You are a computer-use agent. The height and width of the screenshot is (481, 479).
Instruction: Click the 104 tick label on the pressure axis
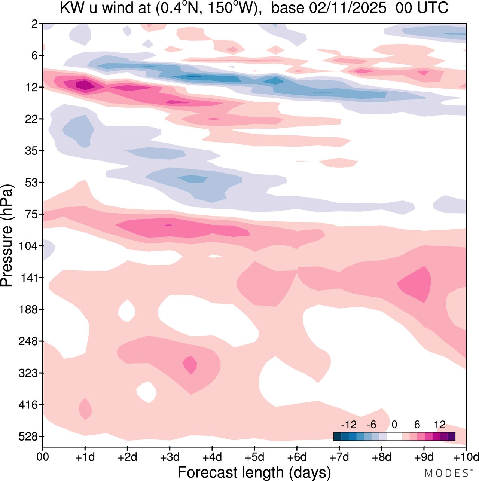pyautogui.click(x=29, y=246)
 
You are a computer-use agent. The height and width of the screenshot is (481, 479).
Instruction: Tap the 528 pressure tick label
pyautogui.click(x=29, y=437)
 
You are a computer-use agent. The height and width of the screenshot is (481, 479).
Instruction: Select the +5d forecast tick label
pyautogui.click(x=254, y=457)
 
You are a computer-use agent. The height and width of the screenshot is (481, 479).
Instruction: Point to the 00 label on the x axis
pyautogui.click(x=43, y=457)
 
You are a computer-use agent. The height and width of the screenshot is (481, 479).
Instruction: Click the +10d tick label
pyautogui.click(x=466, y=457)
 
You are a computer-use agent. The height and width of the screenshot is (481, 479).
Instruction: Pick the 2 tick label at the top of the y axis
pyautogui.click(x=35, y=24)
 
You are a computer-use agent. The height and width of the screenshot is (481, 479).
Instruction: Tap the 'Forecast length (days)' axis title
pyautogui.click(x=254, y=472)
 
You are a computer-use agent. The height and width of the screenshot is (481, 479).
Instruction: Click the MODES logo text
pyautogui.click(x=448, y=473)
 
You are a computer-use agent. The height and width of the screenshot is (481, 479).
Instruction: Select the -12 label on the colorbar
pyautogui.click(x=348, y=425)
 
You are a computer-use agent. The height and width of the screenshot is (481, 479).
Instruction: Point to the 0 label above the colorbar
pyautogui.click(x=394, y=425)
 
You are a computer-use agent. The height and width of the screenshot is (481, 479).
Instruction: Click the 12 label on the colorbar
pyautogui.click(x=440, y=425)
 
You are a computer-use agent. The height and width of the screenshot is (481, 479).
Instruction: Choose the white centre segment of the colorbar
pyautogui.click(x=394, y=436)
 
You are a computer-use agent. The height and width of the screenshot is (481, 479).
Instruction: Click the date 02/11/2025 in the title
pyautogui.click(x=348, y=8)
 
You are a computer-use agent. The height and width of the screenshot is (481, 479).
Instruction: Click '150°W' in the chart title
pyautogui.click(x=234, y=8)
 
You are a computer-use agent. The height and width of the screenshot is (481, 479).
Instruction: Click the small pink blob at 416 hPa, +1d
pyautogui.click(x=85, y=409)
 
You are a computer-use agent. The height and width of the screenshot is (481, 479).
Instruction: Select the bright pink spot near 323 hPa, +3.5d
pyautogui.click(x=190, y=365)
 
